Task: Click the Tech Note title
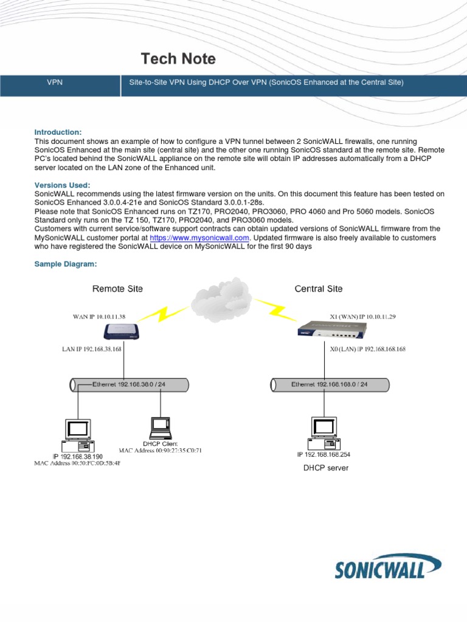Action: (x=178, y=59)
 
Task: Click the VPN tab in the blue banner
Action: (x=55, y=82)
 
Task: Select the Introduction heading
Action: (x=58, y=132)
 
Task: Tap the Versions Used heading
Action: (x=62, y=185)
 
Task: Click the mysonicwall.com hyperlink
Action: (x=199, y=238)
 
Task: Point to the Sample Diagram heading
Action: (x=66, y=264)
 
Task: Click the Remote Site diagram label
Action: (x=117, y=289)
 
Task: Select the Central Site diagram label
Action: (x=319, y=289)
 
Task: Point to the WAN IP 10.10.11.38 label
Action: (x=99, y=316)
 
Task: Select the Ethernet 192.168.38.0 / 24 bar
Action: (x=129, y=384)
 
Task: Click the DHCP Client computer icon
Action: (x=160, y=428)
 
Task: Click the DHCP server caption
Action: (x=326, y=468)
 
